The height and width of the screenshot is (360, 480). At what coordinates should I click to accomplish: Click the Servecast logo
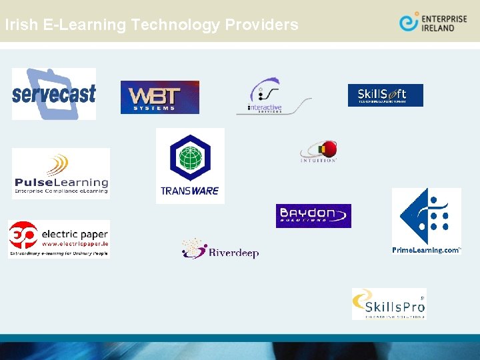(54, 93)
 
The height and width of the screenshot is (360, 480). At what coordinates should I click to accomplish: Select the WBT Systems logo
(160, 97)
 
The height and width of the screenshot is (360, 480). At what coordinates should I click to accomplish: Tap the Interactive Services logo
(273, 97)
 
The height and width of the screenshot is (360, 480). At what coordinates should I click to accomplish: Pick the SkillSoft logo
(385, 95)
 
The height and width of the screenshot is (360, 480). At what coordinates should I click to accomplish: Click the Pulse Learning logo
(61, 173)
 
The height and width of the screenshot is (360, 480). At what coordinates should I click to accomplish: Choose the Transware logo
(190, 166)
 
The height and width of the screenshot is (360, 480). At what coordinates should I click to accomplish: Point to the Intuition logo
(319, 151)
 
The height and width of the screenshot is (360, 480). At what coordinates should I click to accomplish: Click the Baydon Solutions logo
(313, 215)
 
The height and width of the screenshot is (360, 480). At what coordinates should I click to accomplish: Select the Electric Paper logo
(59, 239)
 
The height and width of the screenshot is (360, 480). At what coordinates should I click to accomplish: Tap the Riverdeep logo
(220, 249)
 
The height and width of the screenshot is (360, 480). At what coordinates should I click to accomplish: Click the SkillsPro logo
(389, 304)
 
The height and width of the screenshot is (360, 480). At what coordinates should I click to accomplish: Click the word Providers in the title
(261, 25)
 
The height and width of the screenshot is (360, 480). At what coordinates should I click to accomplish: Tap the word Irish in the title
(19, 25)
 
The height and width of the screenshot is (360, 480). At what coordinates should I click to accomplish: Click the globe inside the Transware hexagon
(191, 159)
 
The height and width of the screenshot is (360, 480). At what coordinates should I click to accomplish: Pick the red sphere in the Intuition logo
(327, 149)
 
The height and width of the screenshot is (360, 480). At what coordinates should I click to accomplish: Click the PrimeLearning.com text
(426, 250)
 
